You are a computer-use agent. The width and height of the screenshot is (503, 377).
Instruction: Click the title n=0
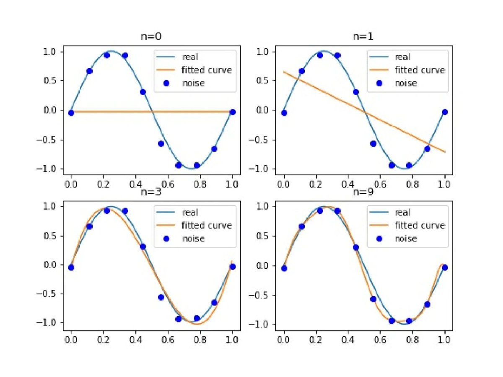click(x=151, y=36)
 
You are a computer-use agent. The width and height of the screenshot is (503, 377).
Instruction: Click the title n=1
click(x=363, y=36)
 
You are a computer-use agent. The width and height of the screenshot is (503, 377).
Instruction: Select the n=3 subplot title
click(x=151, y=192)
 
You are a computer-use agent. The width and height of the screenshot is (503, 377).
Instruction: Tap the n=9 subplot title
click(x=363, y=192)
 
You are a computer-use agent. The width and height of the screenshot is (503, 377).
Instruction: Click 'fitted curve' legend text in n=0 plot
click(x=207, y=70)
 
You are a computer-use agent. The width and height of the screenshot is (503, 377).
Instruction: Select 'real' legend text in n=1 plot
click(x=403, y=57)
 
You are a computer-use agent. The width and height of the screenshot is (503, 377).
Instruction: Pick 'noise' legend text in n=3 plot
click(x=193, y=239)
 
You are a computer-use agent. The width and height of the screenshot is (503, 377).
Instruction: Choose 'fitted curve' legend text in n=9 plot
click(x=420, y=226)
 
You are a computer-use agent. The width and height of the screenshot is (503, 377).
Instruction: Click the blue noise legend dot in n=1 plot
click(x=379, y=83)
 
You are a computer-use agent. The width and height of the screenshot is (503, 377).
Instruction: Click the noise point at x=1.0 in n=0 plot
click(x=233, y=112)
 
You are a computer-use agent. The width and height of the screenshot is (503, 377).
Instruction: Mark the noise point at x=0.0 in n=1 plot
click(x=284, y=113)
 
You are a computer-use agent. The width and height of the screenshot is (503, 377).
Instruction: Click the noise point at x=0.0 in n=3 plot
click(x=71, y=268)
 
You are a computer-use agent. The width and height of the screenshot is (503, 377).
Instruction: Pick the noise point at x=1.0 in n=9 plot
click(x=445, y=268)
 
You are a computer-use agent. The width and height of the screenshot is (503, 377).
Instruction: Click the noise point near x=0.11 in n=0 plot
click(x=89, y=71)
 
